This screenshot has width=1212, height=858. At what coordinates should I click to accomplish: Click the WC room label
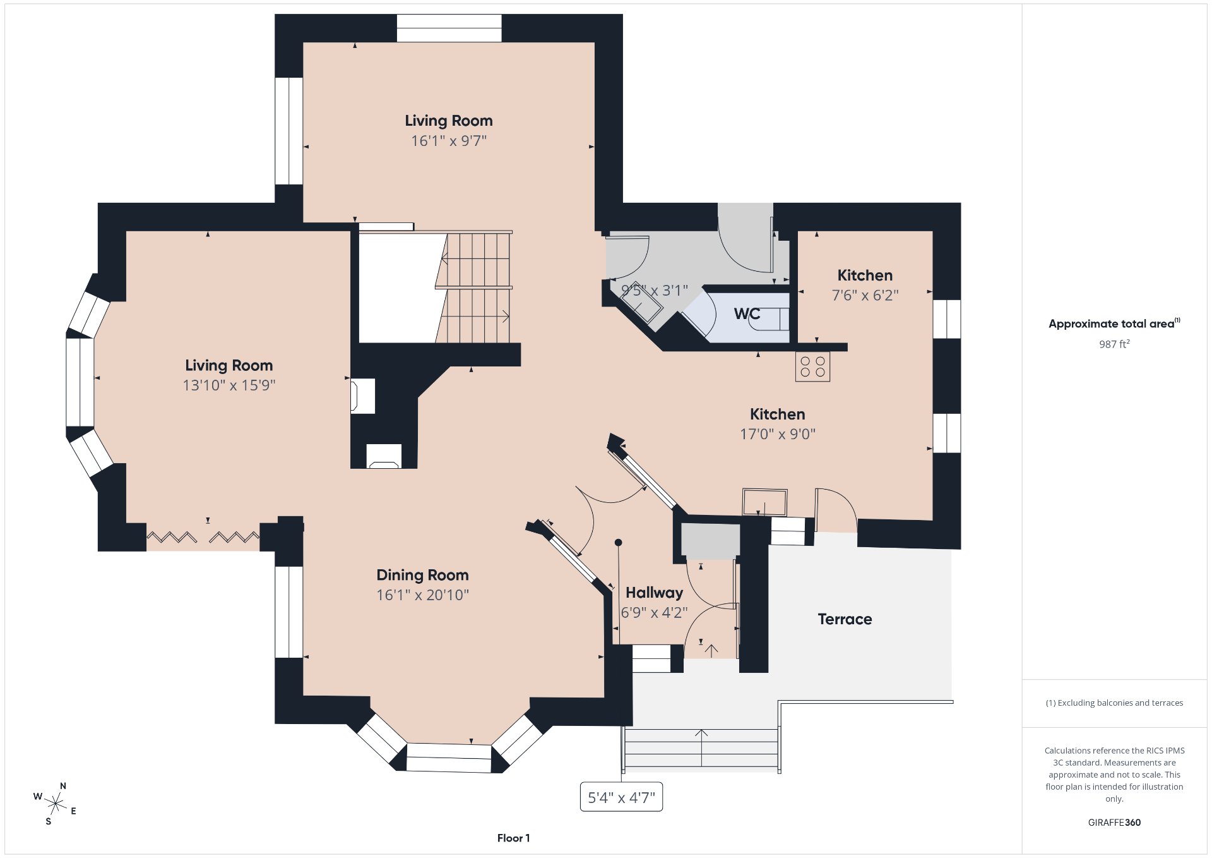click(x=747, y=314)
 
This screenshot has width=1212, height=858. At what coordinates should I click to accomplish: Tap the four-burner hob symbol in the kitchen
click(x=812, y=367)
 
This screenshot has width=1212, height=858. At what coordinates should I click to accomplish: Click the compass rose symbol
click(x=56, y=804)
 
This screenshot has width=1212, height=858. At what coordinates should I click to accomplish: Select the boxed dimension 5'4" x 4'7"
click(x=621, y=797)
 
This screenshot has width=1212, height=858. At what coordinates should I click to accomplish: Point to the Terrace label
click(x=845, y=619)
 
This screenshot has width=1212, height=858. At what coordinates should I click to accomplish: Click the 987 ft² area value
click(x=1114, y=344)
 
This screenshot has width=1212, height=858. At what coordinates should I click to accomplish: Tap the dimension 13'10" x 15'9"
click(x=229, y=385)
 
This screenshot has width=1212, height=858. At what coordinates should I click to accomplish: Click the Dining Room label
click(x=422, y=575)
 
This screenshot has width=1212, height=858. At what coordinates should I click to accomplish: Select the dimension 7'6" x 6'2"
click(x=865, y=295)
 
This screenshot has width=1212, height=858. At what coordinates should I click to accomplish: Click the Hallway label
click(x=654, y=593)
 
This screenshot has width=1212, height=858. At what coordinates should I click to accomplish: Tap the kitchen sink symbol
click(x=764, y=503)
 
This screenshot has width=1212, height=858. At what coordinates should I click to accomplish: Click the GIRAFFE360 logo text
click(x=1114, y=823)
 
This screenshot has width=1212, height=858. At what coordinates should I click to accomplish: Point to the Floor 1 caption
click(x=513, y=838)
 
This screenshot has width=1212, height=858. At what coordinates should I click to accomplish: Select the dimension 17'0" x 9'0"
click(x=777, y=434)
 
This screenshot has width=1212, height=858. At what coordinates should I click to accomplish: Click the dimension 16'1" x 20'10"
click(x=422, y=595)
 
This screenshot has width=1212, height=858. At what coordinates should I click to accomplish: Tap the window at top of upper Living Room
click(x=449, y=28)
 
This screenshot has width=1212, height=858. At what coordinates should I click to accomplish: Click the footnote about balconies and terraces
click(x=1114, y=703)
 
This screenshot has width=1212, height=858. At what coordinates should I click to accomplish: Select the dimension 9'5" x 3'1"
click(x=654, y=291)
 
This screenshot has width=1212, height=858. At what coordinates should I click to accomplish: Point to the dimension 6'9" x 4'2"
click(x=654, y=613)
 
